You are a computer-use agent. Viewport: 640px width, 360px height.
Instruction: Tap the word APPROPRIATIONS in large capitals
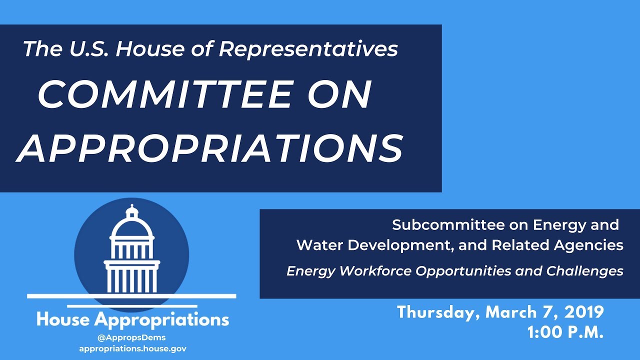(209, 148)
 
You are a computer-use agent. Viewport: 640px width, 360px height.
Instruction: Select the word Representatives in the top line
(308, 49)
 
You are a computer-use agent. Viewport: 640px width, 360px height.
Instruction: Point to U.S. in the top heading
(88, 48)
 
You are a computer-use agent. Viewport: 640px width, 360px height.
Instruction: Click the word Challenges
(584, 271)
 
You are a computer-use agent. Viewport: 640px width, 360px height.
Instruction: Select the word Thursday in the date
(438, 312)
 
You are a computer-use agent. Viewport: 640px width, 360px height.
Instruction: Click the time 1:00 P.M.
(565, 332)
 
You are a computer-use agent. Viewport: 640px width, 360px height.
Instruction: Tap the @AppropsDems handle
(131, 337)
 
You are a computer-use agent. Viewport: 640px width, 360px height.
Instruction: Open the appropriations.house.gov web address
(133, 349)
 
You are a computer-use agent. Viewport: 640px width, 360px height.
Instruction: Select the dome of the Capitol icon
(131, 227)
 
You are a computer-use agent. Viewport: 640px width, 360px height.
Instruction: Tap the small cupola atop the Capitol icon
(132, 211)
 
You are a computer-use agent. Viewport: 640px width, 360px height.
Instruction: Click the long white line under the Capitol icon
(131, 296)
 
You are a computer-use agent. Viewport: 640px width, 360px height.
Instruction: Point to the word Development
(400, 245)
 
